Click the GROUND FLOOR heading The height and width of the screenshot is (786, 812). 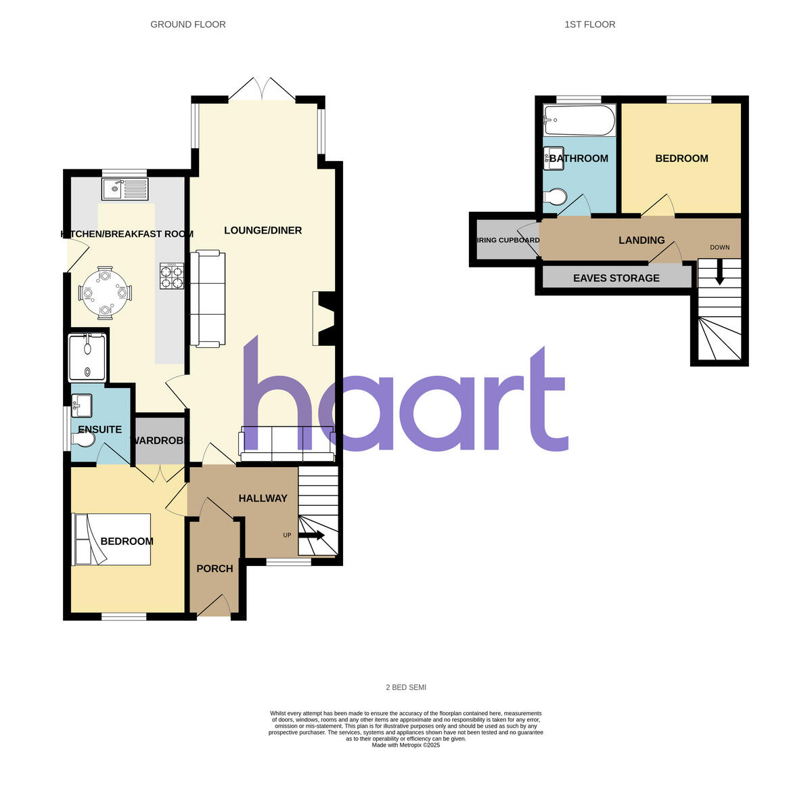pyautogui.click(x=188, y=24)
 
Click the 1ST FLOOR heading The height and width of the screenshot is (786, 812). pyautogui.click(x=590, y=24)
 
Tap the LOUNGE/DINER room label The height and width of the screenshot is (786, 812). pyautogui.click(x=263, y=231)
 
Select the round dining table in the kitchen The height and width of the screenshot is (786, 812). pyautogui.click(x=105, y=292)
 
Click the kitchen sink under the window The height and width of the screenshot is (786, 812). pyautogui.click(x=125, y=189)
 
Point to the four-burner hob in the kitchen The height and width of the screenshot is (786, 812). pyautogui.click(x=172, y=276)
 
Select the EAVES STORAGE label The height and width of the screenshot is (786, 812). pyautogui.click(x=616, y=278)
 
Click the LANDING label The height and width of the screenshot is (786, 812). pyautogui.click(x=641, y=240)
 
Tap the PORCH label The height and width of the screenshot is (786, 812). pyautogui.click(x=215, y=569)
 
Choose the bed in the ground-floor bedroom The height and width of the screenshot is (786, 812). pyautogui.click(x=112, y=540)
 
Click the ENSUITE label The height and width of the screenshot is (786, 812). pyautogui.click(x=100, y=429)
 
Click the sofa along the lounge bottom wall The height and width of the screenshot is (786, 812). pyautogui.click(x=287, y=445)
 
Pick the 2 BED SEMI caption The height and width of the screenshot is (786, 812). pyautogui.click(x=406, y=687)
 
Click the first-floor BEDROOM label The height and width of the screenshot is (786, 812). pyautogui.click(x=681, y=158)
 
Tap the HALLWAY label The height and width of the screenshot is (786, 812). pyautogui.click(x=263, y=498)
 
